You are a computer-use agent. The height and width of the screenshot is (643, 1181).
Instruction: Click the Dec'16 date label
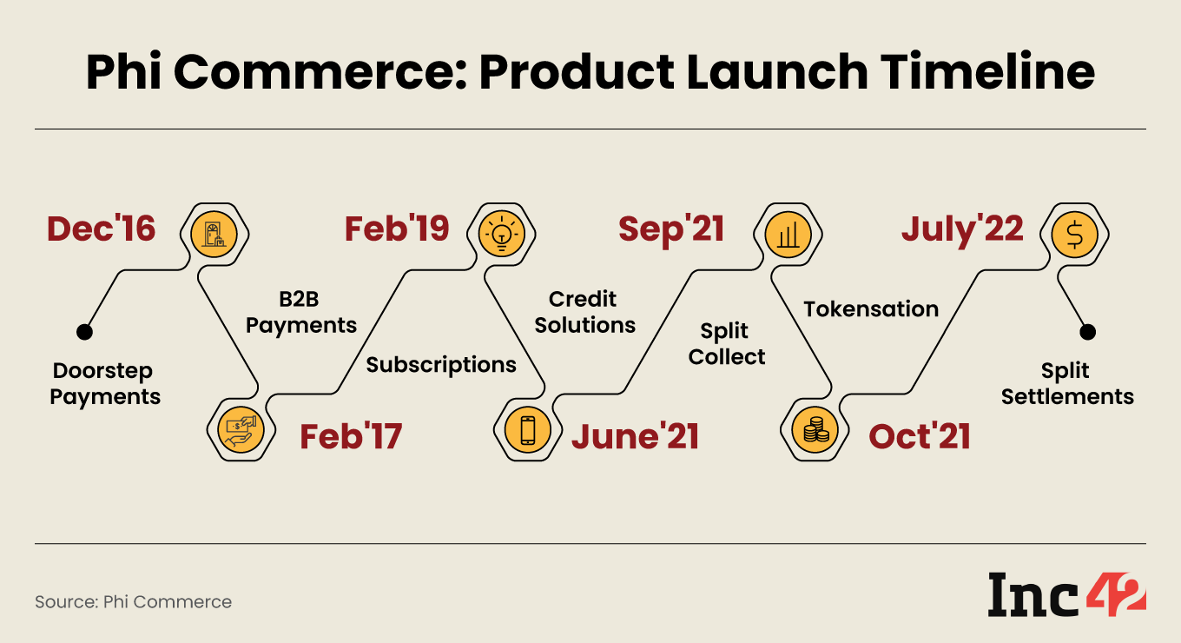pos(101,229)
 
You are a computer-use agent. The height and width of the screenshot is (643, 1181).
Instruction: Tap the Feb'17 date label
pos(351,436)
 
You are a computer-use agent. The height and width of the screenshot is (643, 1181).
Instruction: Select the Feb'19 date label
pos(397,229)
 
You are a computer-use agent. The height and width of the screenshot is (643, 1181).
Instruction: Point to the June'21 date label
pos(635,436)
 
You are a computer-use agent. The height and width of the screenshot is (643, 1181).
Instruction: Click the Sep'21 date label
pos(671,229)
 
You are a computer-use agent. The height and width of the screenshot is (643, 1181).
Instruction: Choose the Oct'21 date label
pos(919,436)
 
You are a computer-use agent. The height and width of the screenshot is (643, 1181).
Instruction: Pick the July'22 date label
pos(962,229)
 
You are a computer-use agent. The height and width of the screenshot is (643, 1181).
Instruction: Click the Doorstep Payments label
pos(105,384)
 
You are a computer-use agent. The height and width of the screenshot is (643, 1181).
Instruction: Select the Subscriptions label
pos(441,364)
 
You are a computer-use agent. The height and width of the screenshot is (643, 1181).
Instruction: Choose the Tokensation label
pos(871,308)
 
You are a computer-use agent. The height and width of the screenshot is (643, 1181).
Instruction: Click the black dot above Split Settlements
pos(1088,332)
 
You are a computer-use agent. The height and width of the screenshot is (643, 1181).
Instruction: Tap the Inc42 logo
pos(1066,597)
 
